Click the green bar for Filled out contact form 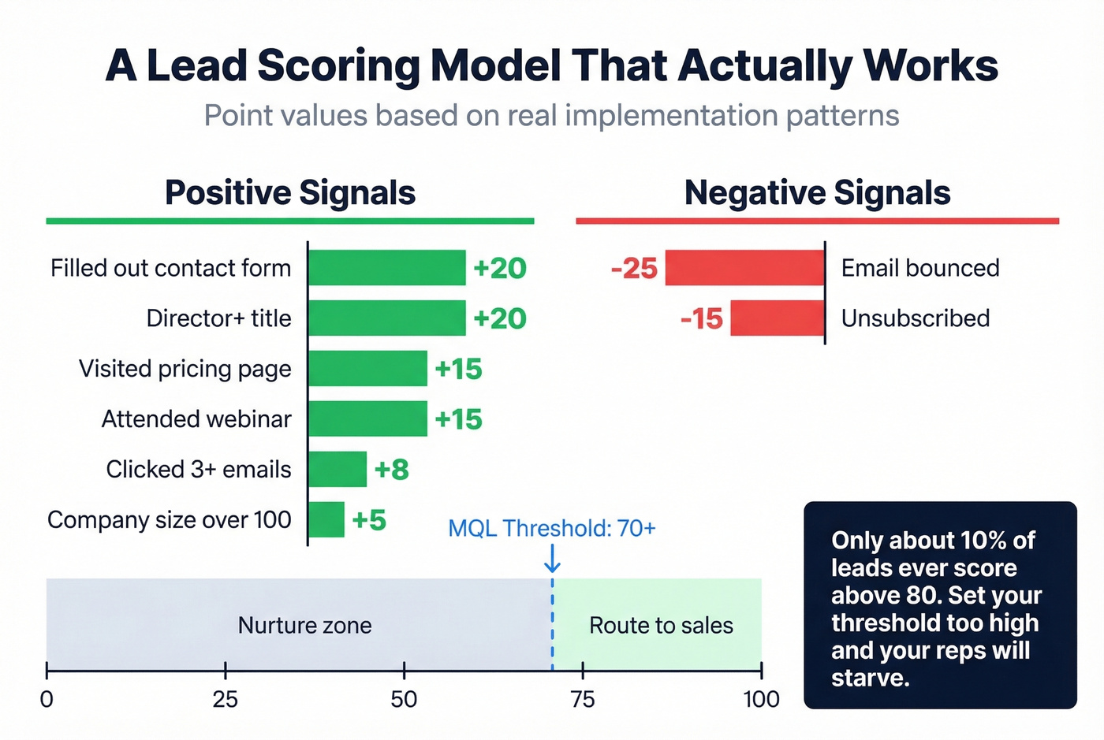click(386, 268)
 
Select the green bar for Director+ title click(386, 318)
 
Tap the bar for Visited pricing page click(367, 369)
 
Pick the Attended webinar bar click(367, 419)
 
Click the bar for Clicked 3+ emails click(338, 470)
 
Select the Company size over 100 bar click(326, 520)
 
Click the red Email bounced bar click(744, 268)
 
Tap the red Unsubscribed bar click(777, 318)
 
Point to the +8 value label click(392, 470)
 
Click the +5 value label click(369, 520)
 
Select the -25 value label click(634, 269)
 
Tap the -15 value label click(701, 319)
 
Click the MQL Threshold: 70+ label click(551, 528)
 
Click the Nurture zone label click(304, 626)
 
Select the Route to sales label click(661, 626)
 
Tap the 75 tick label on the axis click(583, 699)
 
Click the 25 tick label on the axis click(226, 699)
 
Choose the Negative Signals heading click(817, 193)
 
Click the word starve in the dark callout click(869, 678)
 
